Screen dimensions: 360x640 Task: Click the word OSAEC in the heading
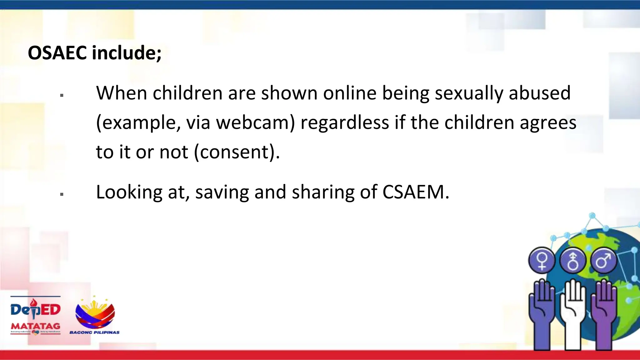(57, 52)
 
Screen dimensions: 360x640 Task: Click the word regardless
(345, 122)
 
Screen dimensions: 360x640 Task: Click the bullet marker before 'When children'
(62, 95)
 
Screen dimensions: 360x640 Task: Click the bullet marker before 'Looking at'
(62, 194)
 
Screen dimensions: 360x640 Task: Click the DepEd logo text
(35, 309)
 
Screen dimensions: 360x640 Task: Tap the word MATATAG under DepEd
(35, 326)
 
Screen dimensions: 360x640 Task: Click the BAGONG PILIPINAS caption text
(94, 332)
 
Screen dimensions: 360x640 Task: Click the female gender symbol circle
(542, 260)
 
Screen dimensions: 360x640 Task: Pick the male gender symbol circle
(603, 260)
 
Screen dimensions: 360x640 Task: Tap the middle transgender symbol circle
(572, 260)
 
